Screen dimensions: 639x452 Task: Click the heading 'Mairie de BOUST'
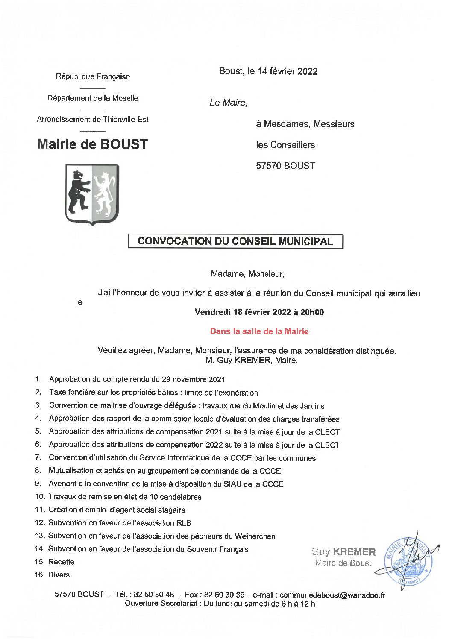click(x=92, y=144)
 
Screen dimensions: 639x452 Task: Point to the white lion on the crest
click(x=105, y=192)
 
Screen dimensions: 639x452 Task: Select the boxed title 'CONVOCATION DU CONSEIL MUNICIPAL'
click(x=235, y=241)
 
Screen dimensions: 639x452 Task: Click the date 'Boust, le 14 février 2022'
click(x=268, y=71)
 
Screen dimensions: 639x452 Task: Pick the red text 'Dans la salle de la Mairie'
click(x=259, y=331)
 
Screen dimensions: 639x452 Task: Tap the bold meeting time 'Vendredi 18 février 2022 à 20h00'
click(x=259, y=312)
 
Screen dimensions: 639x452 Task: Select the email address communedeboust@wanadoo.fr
click(x=332, y=595)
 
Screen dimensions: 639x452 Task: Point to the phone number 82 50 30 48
click(x=154, y=595)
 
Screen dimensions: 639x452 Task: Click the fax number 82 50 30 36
click(x=224, y=595)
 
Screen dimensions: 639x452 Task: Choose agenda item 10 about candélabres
click(x=124, y=497)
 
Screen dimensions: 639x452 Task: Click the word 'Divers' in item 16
click(x=59, y=575)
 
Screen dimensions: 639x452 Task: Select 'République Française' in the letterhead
click(x=93, y=77)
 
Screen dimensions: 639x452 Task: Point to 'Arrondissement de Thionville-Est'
click(x=93, y=120)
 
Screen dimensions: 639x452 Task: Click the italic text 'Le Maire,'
click(x=228, y=103)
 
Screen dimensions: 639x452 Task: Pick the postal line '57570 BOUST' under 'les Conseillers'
click(x=285, y=166)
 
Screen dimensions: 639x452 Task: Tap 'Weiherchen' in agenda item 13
click(x=255, y=536)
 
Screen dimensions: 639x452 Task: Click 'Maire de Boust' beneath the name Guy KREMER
click(x=343, y=563)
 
